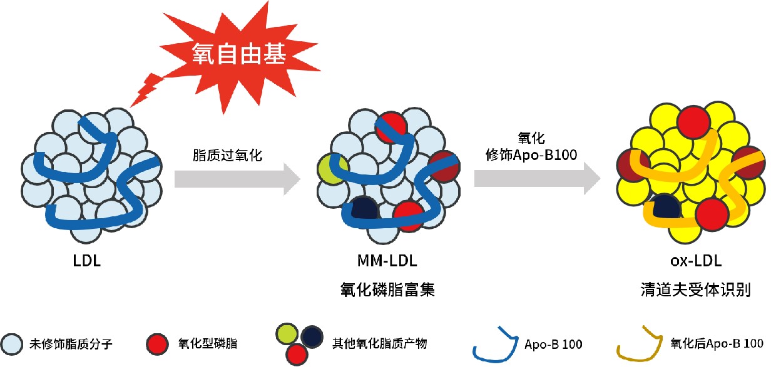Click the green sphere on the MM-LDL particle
click(332, 168)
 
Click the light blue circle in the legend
click(13, 343)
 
